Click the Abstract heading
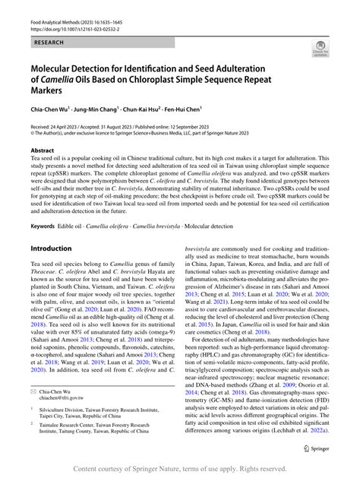(x=43, y=150)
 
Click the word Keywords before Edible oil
(x=43, y=226)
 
